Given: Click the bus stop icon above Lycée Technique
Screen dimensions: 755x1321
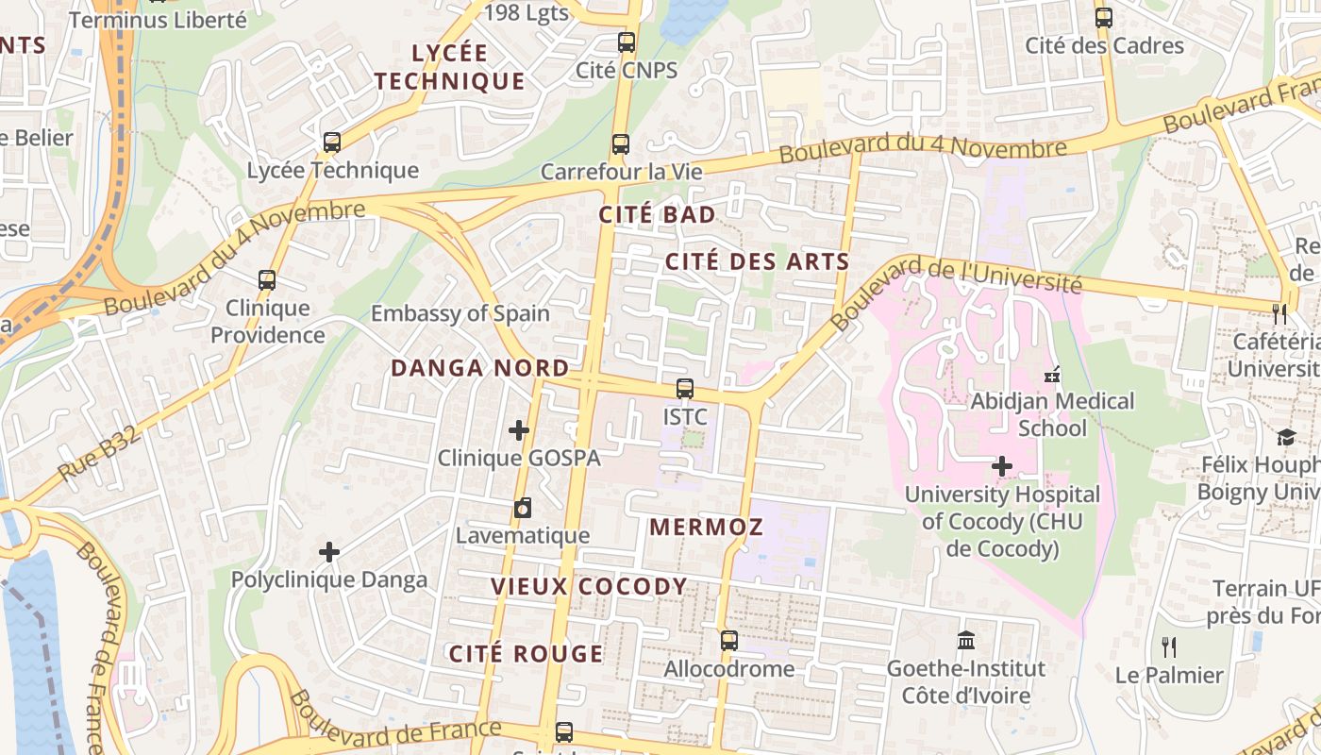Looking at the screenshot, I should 331,143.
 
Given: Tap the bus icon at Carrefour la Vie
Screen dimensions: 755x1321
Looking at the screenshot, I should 620,144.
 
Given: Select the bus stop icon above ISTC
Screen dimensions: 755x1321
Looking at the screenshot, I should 685,389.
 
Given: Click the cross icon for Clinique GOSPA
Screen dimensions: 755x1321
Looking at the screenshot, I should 518,430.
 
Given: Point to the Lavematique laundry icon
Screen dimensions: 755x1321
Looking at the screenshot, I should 522,509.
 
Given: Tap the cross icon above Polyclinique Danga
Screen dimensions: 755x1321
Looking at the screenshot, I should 329,552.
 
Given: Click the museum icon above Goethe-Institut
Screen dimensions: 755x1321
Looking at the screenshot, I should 965,641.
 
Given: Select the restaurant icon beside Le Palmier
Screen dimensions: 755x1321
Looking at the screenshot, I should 1169,647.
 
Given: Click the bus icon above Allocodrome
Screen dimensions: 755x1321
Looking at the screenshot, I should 728,641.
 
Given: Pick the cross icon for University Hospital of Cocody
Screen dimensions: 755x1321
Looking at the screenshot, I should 1002,466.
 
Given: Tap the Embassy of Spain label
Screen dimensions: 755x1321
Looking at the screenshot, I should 460,313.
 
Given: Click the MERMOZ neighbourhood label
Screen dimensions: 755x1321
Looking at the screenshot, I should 706,528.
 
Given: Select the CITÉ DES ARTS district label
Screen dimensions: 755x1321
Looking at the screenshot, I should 757,261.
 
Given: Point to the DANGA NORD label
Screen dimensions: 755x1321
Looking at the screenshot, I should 479,368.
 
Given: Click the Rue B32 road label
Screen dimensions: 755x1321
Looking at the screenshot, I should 99,454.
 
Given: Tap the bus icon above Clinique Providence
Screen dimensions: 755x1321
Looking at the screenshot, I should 267,280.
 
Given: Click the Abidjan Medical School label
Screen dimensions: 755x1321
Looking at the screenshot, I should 1052,414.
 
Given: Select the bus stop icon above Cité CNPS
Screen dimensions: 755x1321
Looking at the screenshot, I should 626,42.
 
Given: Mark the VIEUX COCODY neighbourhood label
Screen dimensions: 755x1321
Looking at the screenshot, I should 589,587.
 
